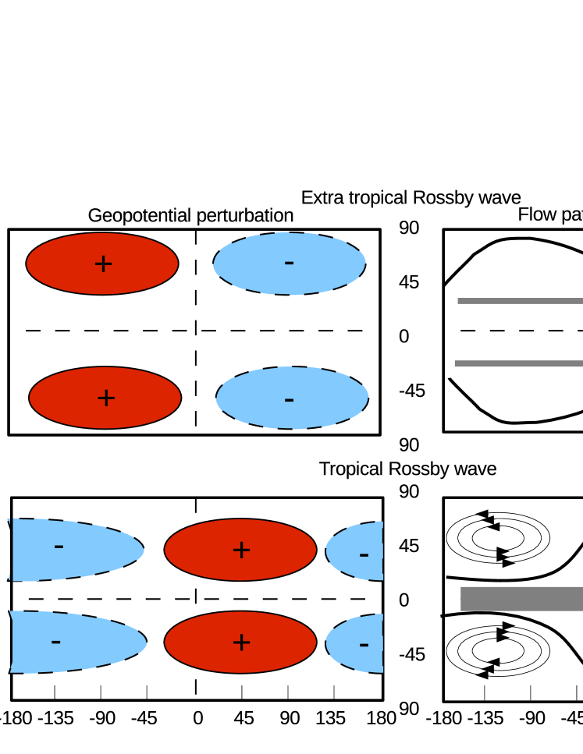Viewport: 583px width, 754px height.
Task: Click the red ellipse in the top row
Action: point(102,264)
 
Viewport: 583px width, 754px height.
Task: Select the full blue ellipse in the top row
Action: point(289,264)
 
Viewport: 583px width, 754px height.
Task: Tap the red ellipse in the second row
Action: point(105,398)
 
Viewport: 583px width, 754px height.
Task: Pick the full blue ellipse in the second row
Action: point(292,398)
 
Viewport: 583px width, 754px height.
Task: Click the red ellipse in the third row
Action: point(240,550)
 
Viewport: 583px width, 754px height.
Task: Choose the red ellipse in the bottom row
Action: point(240,642)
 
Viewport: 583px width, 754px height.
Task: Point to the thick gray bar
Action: point(521,599)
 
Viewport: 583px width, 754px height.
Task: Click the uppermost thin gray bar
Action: point(520,301)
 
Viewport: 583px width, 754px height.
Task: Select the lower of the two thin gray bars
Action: point(518,363)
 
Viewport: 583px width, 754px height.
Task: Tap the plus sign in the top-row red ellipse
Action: point(103,264)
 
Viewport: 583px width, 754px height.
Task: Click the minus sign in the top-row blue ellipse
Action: point(289,263)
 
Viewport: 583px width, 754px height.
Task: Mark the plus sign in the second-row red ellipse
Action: point(106,398)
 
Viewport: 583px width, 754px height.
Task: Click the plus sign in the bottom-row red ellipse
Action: point(241,643)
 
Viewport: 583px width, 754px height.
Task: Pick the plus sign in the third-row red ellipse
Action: point(241,550)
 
